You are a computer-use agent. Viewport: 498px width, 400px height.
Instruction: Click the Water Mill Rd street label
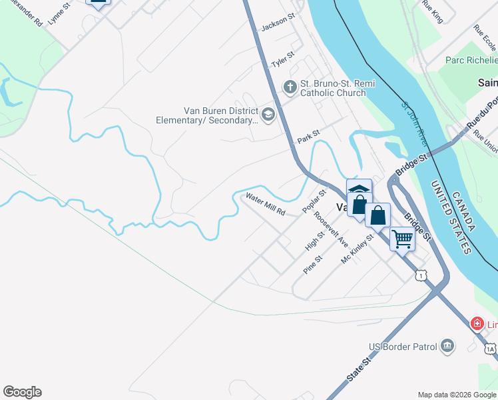(265, 204)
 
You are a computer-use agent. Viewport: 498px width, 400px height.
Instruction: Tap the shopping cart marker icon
(402, 238)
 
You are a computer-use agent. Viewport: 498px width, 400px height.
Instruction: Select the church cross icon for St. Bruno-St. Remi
(290, 87)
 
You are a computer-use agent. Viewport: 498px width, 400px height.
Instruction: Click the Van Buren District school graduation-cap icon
(268, 115)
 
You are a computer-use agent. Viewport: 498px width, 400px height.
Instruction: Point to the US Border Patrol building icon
(447, 346)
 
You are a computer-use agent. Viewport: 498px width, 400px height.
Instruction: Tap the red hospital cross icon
(477, 325)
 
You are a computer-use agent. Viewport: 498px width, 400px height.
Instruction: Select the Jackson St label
(278, 24)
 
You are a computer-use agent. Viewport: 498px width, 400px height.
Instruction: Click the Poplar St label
(314, 201)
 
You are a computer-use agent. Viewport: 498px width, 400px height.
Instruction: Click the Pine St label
(312, 264)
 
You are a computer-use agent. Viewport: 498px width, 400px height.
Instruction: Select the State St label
(358, 369)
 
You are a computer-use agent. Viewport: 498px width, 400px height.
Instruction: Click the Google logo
(22, 392)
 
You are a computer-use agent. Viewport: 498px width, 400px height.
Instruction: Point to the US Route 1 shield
(420, 274)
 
